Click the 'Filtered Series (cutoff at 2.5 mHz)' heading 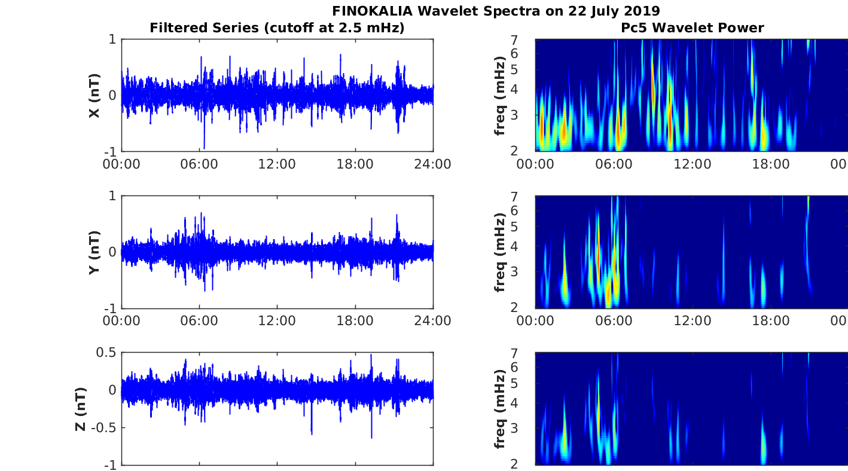click(x=277, y=27)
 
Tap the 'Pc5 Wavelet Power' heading click(x=692, y=27)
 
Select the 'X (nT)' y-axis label click(x=94, y=96)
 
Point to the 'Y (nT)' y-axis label click(x=94, y=252)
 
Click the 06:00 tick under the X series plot click(x=199, y=164)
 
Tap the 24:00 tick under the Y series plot click(x=433, y=321)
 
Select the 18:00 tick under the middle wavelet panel click(x=770, y=321)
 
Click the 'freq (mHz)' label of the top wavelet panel click(x=500, y=96)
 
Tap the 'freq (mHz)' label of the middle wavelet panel click(x=500, y=252)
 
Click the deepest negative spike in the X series click(x=204, y=148)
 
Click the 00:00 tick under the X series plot click(x=121, y=164)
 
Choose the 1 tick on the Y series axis click(x=112, y=196)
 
